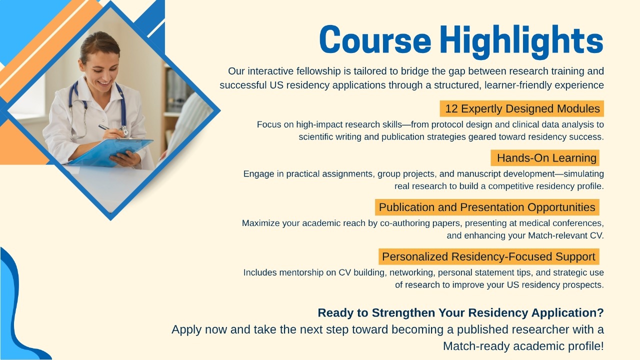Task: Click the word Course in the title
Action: (x=375, y=39)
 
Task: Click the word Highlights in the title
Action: (x=521, y=41)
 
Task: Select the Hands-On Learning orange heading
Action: (x=545, y=157)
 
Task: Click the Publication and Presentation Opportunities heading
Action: (x=487, y=207)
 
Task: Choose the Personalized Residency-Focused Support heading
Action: (x=489, y=256)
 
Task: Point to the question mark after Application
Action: (x=600, y=312)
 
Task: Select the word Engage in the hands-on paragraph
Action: (x=259, y=174)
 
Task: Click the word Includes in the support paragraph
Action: (x=260, y=272)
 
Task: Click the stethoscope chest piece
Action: (x=124, y=131)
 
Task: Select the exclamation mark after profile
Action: (x=602, y=346)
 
